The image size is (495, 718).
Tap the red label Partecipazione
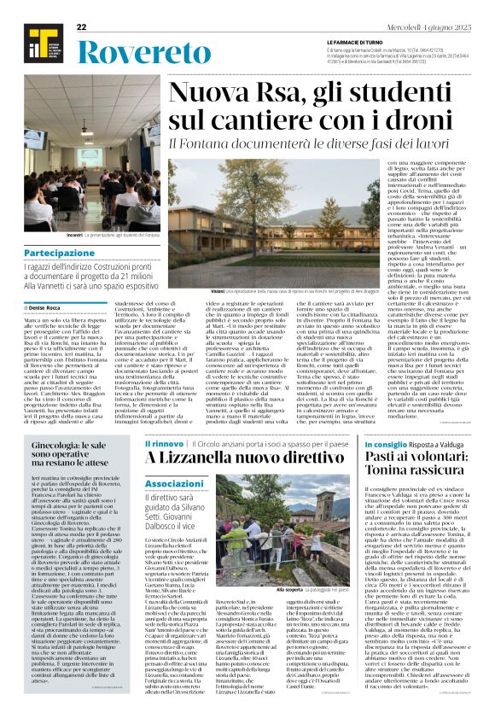click(x=60, y=254)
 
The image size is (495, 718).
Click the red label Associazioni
click(x=175, y=483)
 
